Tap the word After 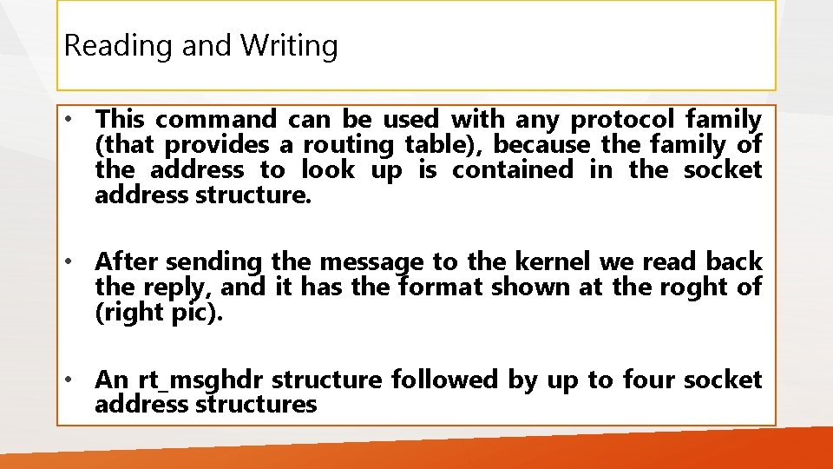click(127, 261)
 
